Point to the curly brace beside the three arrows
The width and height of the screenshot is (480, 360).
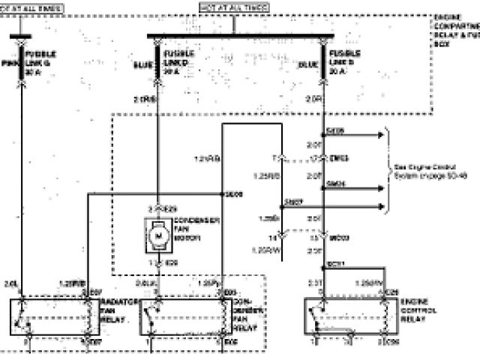tap(388, 170)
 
